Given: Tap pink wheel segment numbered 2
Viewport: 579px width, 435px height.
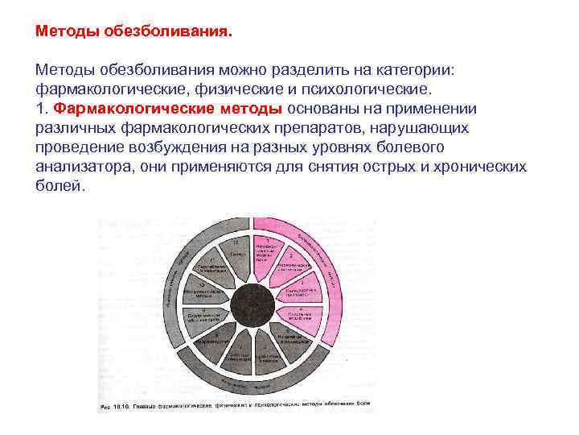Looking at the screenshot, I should coord(291,264).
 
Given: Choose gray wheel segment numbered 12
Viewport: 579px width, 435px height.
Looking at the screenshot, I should coord(236,251).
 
